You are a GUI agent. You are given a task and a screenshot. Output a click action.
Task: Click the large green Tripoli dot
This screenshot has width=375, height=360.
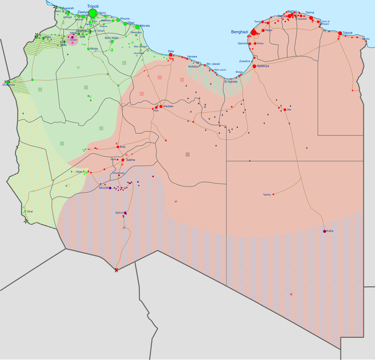point(93,13)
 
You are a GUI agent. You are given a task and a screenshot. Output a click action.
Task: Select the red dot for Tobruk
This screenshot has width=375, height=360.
point(340,33)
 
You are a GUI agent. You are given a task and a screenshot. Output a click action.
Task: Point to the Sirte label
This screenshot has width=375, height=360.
point(171,51)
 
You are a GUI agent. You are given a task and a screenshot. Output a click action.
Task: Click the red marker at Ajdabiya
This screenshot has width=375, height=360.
point(255,66)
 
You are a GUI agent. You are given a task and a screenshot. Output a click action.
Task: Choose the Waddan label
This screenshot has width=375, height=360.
point(168,106)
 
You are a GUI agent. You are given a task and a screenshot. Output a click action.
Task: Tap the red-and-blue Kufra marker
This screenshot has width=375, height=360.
point(324,231)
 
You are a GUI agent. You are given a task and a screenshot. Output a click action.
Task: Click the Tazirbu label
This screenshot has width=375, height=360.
point(267,195)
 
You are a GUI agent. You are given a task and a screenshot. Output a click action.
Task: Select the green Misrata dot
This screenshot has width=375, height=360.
point(138,26)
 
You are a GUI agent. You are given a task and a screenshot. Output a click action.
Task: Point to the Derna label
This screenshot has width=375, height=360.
point(310,12)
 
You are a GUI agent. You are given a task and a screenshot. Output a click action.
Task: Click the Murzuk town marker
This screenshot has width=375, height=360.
point(110,187)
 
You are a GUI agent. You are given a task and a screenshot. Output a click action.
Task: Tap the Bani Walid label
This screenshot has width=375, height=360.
point(111,38)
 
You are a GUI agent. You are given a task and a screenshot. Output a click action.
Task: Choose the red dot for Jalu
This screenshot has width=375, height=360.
point(285,110)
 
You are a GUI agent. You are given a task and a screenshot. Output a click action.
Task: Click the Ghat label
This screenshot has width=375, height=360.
point(30,211)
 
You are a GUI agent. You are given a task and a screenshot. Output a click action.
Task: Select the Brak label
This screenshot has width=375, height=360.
point(122,146)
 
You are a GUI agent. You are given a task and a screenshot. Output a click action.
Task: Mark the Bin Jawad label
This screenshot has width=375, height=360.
point(213,63)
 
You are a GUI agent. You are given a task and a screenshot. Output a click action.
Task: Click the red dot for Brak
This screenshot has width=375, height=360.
point(117,147)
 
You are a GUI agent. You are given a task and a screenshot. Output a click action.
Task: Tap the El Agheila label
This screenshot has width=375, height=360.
point(231,81)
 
